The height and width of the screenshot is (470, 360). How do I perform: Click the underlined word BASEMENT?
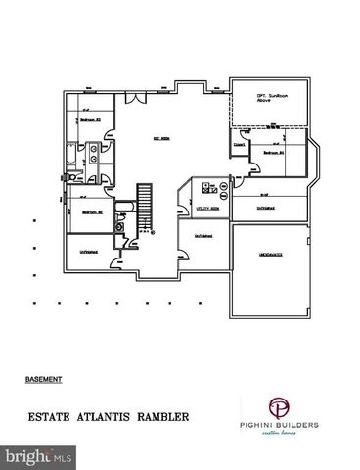coord(44,376)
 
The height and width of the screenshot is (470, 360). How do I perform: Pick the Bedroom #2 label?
coord(92,211)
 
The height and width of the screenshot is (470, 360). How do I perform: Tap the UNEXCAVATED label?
coord(273,253)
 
